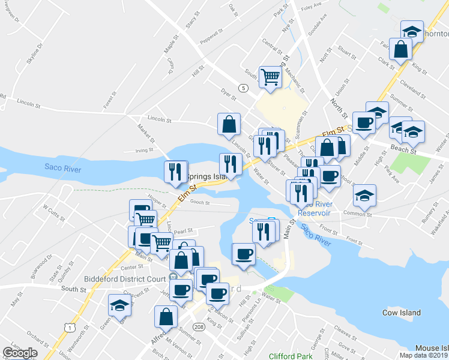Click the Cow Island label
(x=401, y=313)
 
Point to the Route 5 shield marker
(x=243, y=88)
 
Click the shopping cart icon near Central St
(x=271, y=76)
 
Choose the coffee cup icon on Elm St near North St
(x=364, y=122)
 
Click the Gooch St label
(x=199, y=202)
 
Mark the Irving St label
(x=142, y=151)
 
